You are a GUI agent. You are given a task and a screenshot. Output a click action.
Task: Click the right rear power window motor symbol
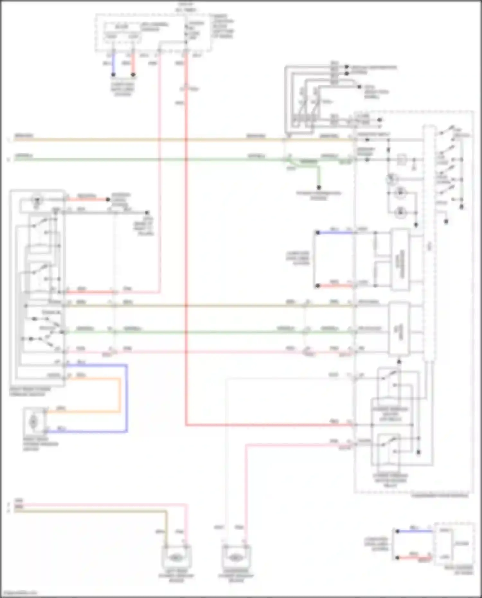coord(33,421)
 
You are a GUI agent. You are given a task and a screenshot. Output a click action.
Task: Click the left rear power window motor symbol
coord(175,558)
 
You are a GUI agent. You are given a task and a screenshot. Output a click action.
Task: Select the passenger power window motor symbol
coord(236,558)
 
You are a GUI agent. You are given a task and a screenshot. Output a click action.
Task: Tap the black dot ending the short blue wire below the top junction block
coord(113,75)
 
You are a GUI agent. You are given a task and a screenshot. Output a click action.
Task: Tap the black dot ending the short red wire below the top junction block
coord(133,75)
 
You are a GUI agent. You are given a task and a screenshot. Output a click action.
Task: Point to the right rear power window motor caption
coord(40,444)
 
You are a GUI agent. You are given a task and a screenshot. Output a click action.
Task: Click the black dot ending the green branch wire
coord(319,187)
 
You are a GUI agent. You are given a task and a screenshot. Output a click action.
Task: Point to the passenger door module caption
coord(440,495)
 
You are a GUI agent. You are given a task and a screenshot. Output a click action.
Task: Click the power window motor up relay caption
coord(390,414)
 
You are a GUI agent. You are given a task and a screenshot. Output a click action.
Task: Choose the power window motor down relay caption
coord(390,480)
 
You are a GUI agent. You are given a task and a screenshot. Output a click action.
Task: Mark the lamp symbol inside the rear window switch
coord(37,200)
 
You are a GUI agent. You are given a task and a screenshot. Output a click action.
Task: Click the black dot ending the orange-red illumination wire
coord(108,200)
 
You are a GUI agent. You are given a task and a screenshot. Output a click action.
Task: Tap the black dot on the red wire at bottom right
coord(397,558)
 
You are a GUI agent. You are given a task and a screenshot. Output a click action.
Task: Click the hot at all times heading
coord(186,7)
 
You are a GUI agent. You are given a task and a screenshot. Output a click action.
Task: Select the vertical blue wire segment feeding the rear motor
coord(126,398)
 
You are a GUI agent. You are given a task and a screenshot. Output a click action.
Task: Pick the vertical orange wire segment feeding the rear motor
coord(120,395)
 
